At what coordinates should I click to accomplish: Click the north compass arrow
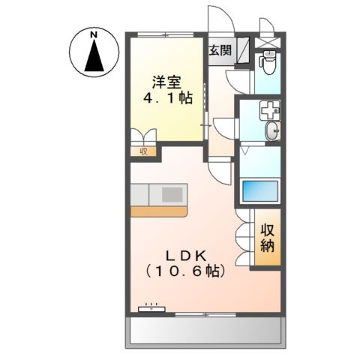(x=94, y=57)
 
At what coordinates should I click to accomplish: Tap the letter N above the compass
(x=94, y=34)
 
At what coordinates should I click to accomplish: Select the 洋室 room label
(x=167, y=82)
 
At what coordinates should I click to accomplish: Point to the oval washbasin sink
(x=272, y=133)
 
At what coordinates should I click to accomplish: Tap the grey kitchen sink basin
(x=171, y=195)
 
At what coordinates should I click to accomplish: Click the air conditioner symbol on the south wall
(x=154, y=307)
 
